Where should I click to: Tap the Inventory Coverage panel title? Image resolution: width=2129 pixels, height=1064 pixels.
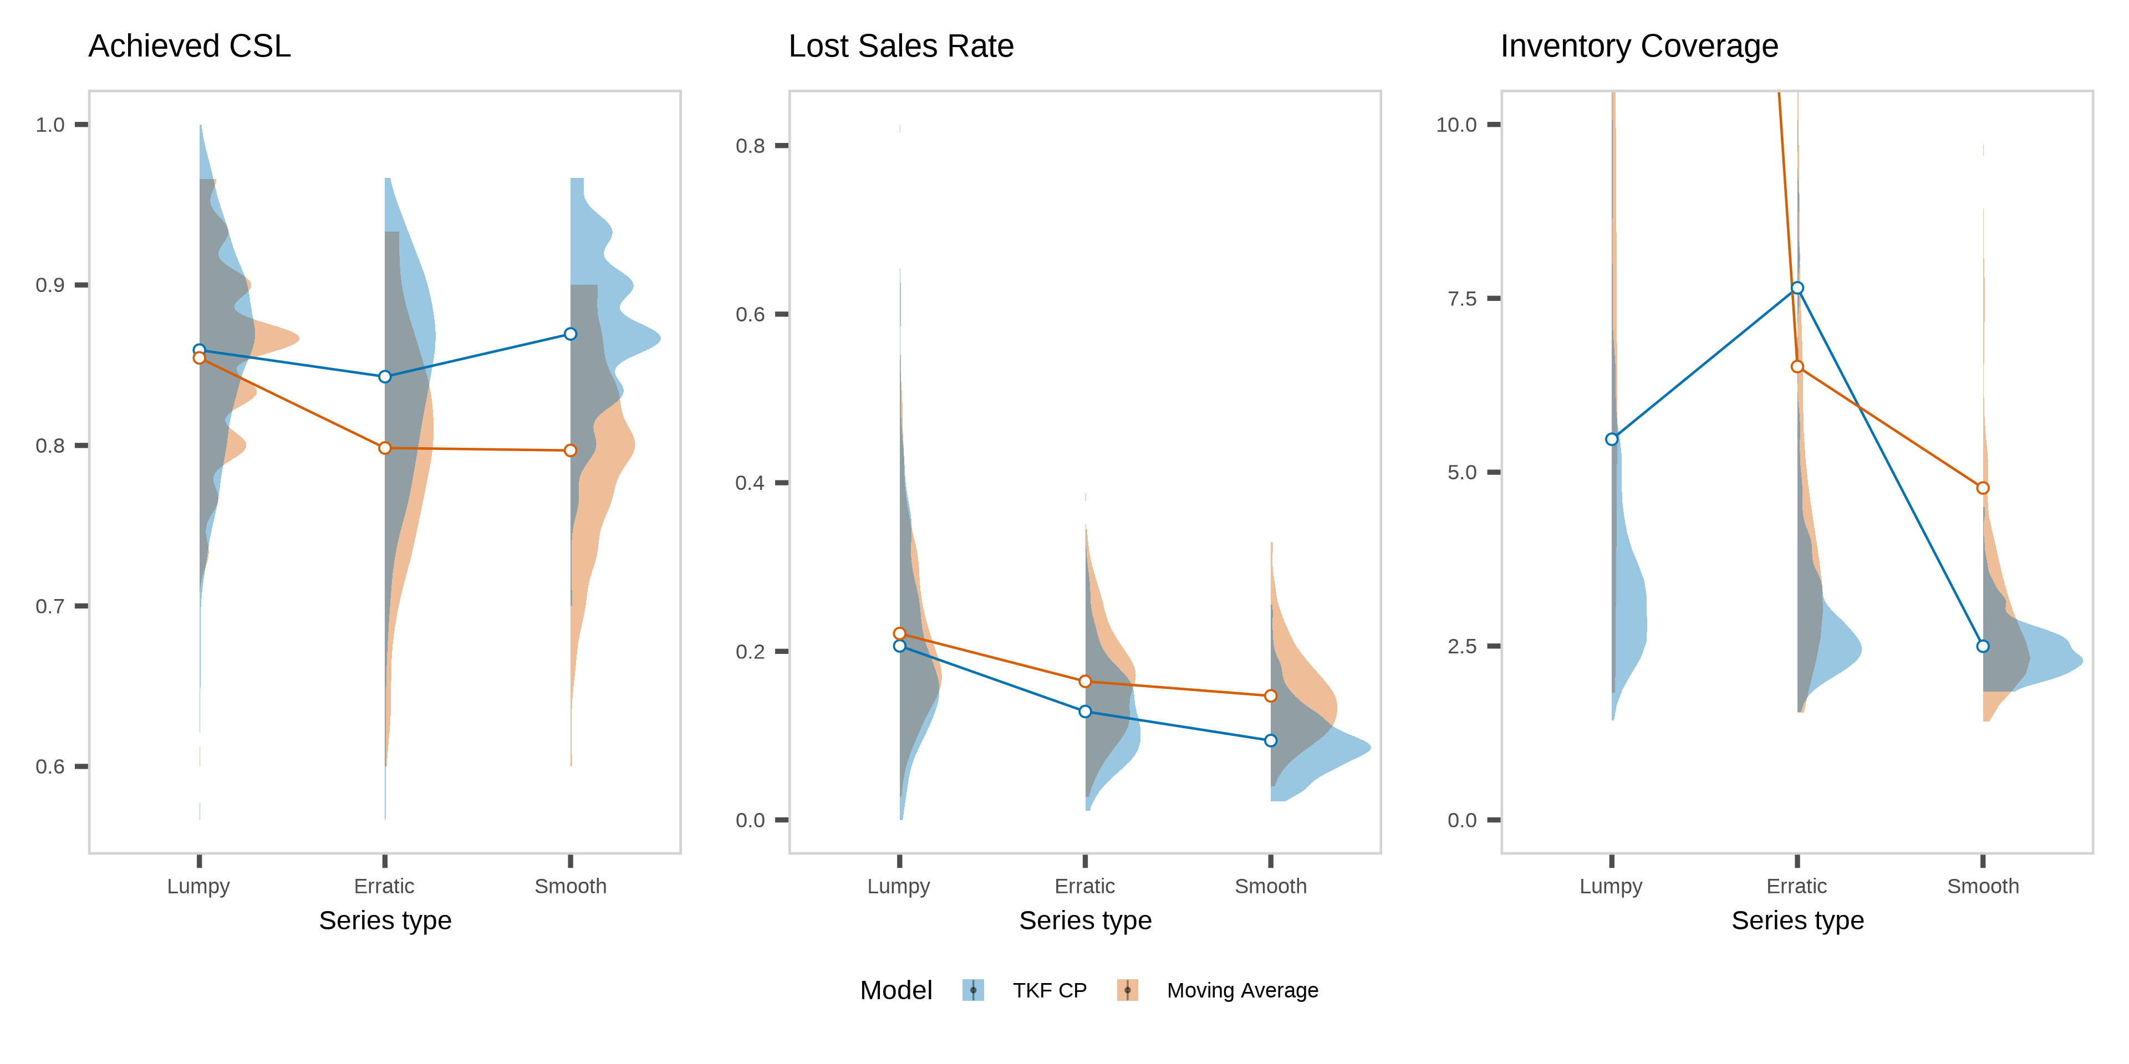pyautogui.click(x=1638, y=46)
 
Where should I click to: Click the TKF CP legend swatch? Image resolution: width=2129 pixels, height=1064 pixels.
pyautogui.click(x=973, y=990)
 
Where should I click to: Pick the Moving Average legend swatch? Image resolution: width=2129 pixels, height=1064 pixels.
pyautogui.click(x=1127, y=990)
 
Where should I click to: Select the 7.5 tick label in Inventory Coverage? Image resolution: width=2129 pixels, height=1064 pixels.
pyautogui.click(x=1461, y=298)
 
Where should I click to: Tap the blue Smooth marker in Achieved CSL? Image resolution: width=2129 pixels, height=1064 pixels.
pyautogui.click(x=571, y=334)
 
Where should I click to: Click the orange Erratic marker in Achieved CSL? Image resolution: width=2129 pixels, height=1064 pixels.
pyautogui.click(x=384, y=448)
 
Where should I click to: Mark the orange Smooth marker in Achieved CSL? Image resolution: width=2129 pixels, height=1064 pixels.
pyautogui.click(x=571, y=450)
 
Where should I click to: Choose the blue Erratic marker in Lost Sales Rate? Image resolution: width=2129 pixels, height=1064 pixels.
pyautogui.click(x=1085, y=711)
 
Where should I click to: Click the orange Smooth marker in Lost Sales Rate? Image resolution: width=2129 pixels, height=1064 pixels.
pyautogui.click(x=1270, y=695)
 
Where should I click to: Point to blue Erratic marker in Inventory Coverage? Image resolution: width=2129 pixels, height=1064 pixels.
pyautogui.click(x=1797, y=288)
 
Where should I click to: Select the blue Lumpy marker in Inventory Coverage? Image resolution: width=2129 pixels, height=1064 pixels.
pyautogui.click(x=1612, y=439)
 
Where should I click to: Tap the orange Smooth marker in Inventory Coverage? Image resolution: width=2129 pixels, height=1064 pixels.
pyautogui.click(x=1983, y=488)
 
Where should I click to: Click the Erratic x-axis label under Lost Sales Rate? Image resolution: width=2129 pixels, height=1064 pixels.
pyautogui.click(x=1084, y=887)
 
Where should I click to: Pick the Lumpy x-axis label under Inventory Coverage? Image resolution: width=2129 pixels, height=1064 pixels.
pyautogui.click(x=1611, y=887)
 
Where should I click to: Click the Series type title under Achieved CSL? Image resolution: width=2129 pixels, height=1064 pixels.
pyautogui.click(x=385, y=920)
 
